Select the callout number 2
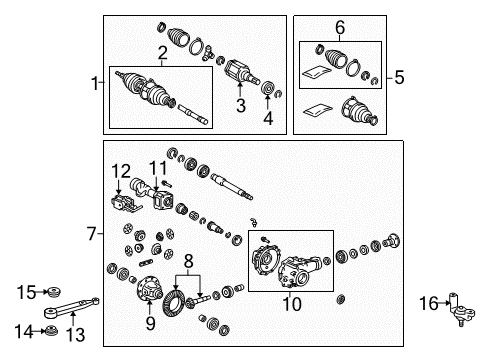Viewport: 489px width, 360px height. (161, 51)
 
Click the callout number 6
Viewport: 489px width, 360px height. (340, 27)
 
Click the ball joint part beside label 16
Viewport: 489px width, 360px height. (461, 310)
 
